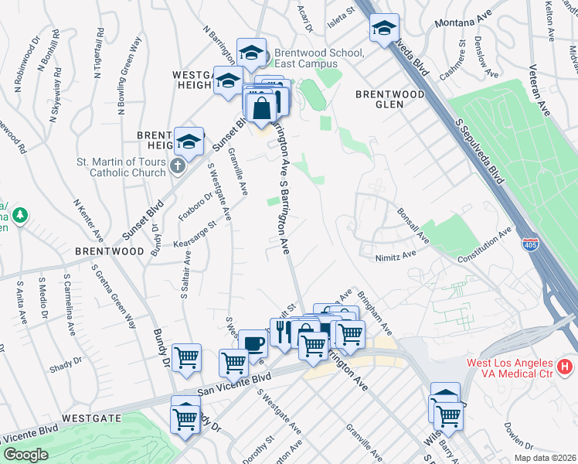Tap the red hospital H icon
tap(566, 365)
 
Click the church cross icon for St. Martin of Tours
tap(178, 166)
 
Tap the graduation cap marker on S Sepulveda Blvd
tap(383, 29)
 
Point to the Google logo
tap(26, 455)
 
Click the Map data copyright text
tap(544, 458)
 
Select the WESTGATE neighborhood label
tap(91, 418)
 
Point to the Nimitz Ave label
tap(396, 254)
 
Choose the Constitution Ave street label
tap(484, 245)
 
